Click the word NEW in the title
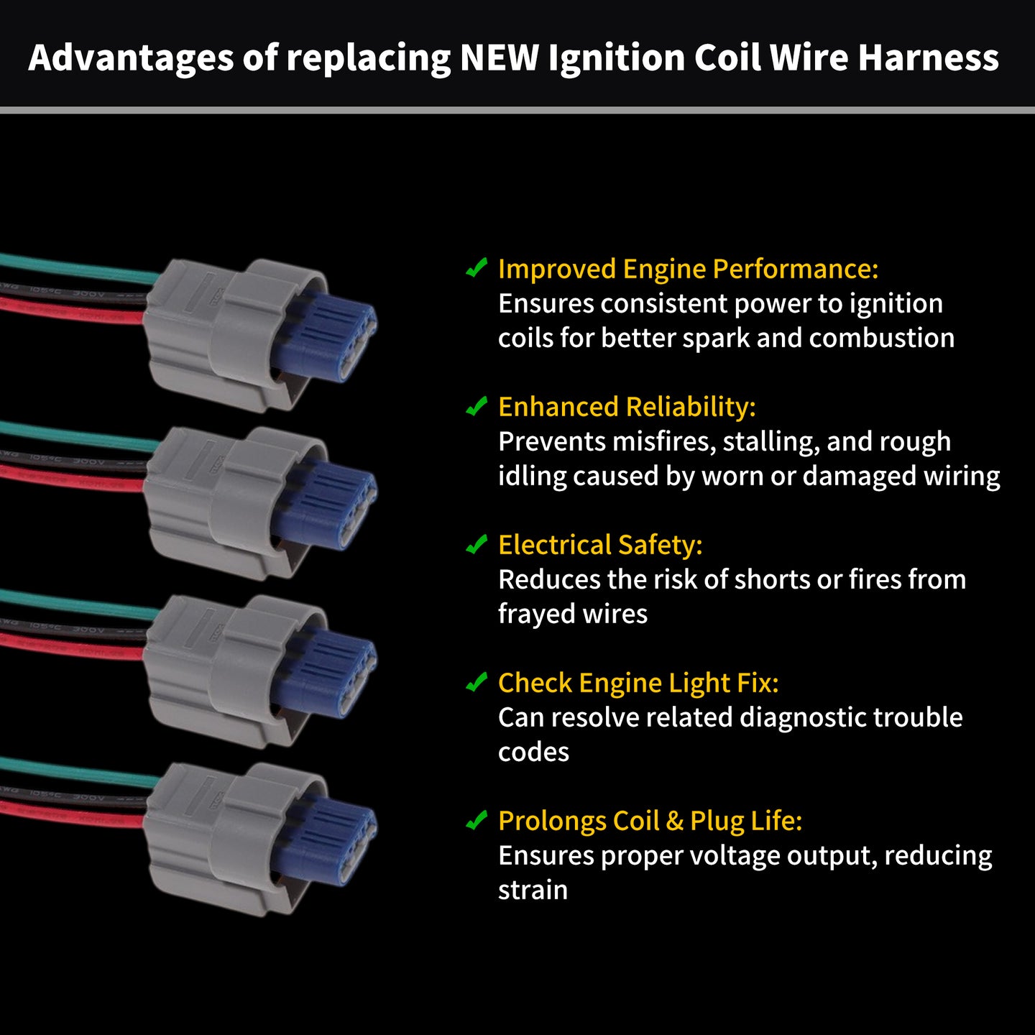[x=500, y=57]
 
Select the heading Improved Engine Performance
[x=688, y=269]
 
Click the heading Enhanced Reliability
[x=627, y=407]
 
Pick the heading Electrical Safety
[x=600, y=545]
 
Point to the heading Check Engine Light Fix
[x=638, y=683]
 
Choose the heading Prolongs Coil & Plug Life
[x=650, y=821]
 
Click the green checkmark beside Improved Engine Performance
[x=477, y=267]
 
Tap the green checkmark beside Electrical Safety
[x=477, y=543]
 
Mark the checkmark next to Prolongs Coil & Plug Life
[x=477, y=819]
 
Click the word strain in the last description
[x=533, y=890]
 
